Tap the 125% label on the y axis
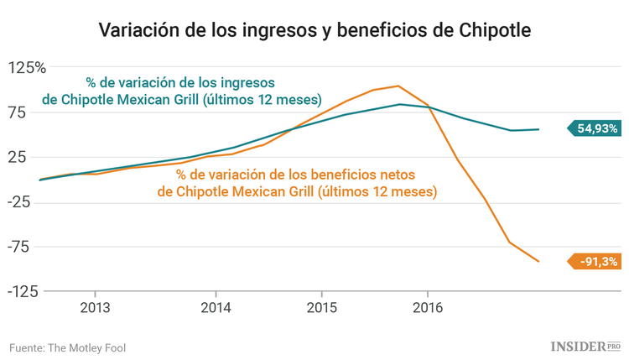pos(28,67)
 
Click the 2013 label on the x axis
pos(94,307)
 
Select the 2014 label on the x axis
pos(216,307)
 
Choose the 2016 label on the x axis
pos(428,307)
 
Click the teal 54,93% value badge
pos(595,128)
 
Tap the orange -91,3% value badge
pos(596,262)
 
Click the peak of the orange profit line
pos(398,86)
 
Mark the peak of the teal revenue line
pos(400,104)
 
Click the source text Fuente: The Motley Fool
pos(68,347)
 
